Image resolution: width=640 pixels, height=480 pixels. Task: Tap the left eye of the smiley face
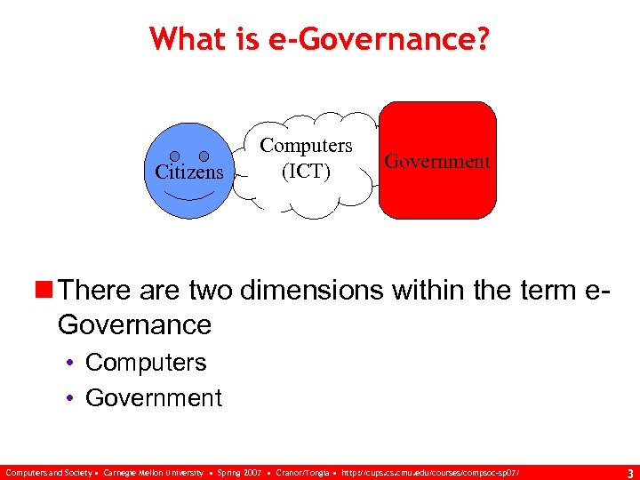176,156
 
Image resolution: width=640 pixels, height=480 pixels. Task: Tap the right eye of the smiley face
204,156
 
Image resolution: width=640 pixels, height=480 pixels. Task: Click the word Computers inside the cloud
306,146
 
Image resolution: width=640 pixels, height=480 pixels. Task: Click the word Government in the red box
436,161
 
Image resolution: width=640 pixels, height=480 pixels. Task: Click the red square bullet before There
44,290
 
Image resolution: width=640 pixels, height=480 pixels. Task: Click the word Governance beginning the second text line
134,324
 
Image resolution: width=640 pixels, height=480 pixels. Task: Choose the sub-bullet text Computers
146,363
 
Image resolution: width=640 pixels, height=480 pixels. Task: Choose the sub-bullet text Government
154,397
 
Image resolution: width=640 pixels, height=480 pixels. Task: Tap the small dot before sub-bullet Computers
72,363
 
